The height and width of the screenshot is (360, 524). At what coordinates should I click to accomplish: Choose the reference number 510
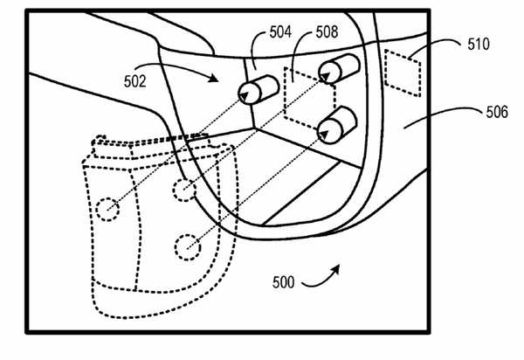point(479,43)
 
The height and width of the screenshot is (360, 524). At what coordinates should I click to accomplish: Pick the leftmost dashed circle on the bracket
point(107,209)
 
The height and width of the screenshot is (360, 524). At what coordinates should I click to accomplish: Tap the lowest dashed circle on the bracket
point(186,247)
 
